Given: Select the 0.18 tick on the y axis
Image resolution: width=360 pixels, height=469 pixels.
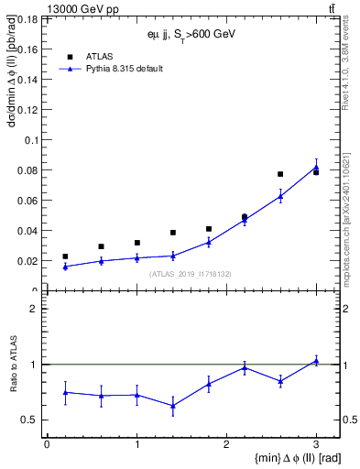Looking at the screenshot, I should [x=27, y=19].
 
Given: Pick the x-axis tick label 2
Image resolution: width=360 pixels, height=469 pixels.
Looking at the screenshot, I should [x=226, y=444].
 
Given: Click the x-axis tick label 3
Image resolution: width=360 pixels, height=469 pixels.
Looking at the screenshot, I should [x=316, y=444].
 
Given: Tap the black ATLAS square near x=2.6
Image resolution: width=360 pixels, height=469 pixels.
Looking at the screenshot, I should [x=280, y=174].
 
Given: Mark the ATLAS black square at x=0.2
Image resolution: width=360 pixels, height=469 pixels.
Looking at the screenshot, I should [x=65, y=256].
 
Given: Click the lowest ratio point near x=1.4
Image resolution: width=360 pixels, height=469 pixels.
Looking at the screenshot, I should [x=172, y=406].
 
